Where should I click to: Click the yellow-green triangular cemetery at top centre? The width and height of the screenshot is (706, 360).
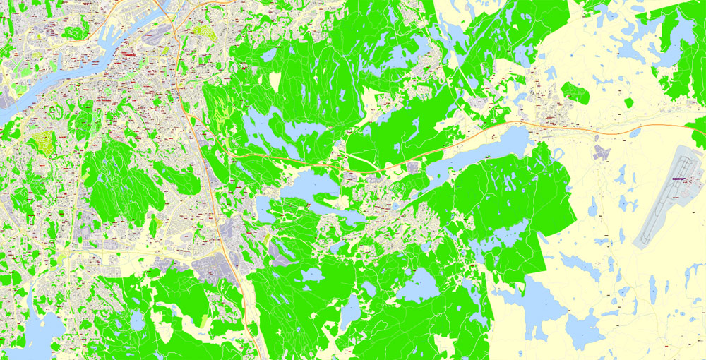coord(204,32)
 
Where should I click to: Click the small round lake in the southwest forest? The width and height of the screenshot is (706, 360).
coord(137,321)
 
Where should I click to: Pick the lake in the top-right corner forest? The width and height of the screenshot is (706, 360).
coord(681,32)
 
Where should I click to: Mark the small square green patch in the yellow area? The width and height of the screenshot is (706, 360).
coord(628,103)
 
